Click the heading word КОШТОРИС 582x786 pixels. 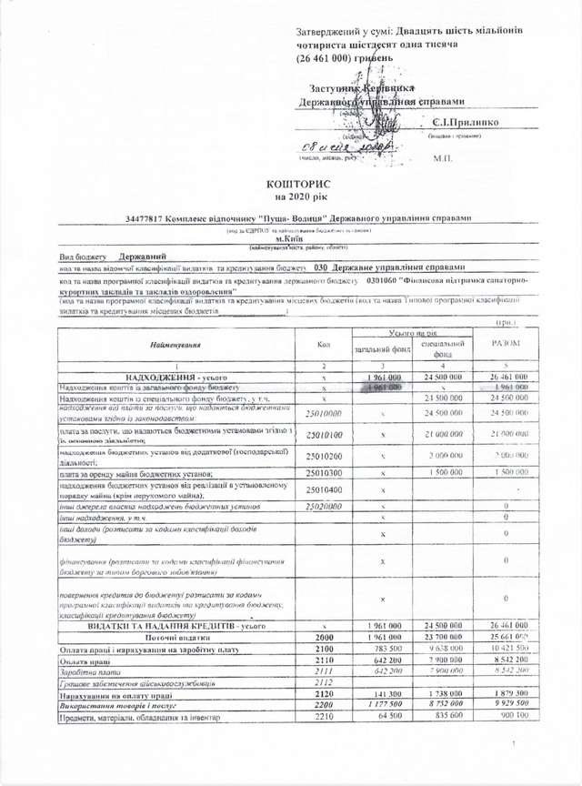[291, 183]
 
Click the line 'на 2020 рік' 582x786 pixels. [291, 196]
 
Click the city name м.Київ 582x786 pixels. [298, 238]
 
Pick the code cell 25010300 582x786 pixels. [325, 473]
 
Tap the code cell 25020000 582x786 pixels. [325, 505]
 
